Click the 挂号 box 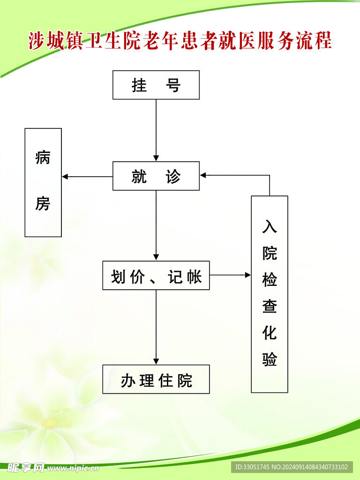click(156, 85)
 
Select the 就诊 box click(156, 176)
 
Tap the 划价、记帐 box click(156, 276)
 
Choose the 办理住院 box click(156, 379)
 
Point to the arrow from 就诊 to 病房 click(87, 177)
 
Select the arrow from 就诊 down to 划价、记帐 click(156, 225)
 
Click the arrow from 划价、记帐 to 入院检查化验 click(230, 275)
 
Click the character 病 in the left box click(43, 158)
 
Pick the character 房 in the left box click(43, 203)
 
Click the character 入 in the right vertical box click(270, 226)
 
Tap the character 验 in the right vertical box click(270, 359)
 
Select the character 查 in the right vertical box click(270, 306)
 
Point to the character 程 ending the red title click(323, 41)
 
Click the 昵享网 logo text click(26, 467)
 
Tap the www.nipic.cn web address click(73, 468)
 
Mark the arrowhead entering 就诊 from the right click(203, 175)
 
